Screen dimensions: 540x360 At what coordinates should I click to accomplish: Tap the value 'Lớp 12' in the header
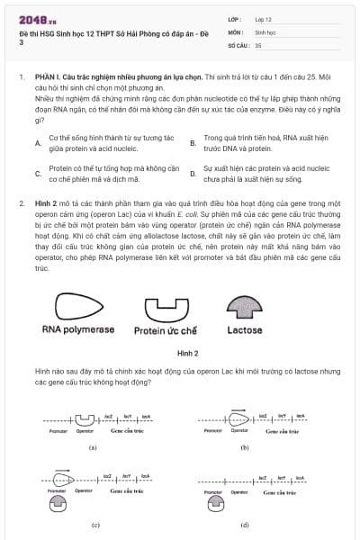pos(265,19)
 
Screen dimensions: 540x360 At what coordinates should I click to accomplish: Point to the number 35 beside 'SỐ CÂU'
pos(258,44)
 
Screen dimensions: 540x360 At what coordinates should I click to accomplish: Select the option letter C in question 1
pos(37,174)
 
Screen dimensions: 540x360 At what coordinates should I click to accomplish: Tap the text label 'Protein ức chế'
pos(166,331)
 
